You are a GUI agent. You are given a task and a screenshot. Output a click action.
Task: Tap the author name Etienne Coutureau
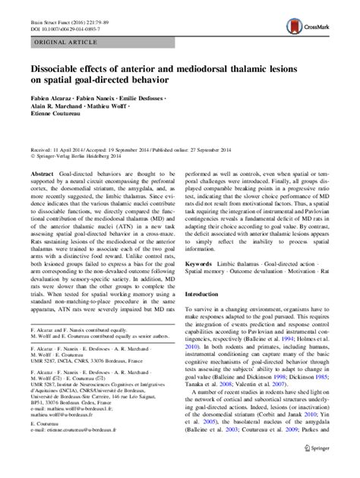click(58, 121)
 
